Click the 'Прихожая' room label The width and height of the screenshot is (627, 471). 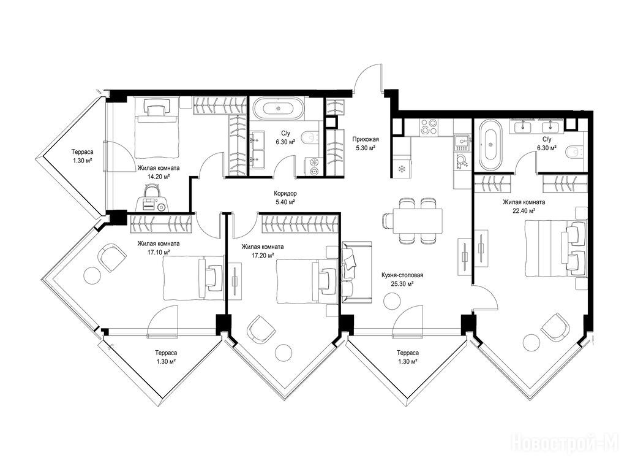click(x=366, y=139)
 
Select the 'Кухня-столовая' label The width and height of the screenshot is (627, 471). click(x=402, y=275)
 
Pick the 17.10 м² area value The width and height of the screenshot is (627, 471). click(x=159, y=252)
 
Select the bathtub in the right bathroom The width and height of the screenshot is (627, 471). click(x=490, y=145)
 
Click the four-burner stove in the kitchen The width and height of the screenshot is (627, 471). click(x=428, y=127)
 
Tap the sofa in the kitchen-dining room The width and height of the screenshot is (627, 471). click(x=357, y=272)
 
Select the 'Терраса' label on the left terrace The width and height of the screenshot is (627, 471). click(x=83, y=152)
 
